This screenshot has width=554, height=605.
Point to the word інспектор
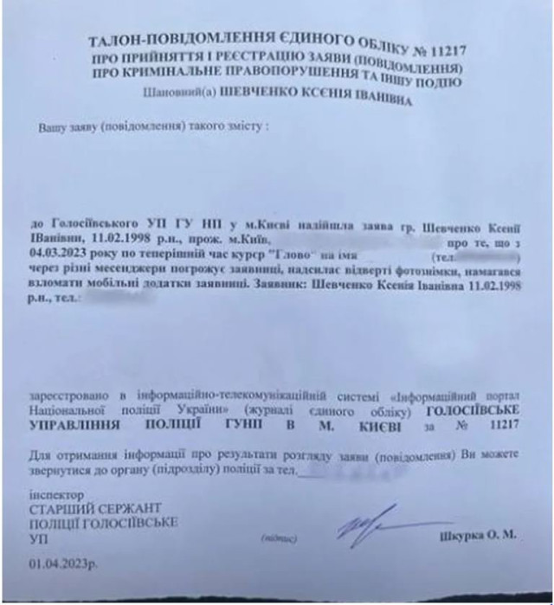pos(54,496)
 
